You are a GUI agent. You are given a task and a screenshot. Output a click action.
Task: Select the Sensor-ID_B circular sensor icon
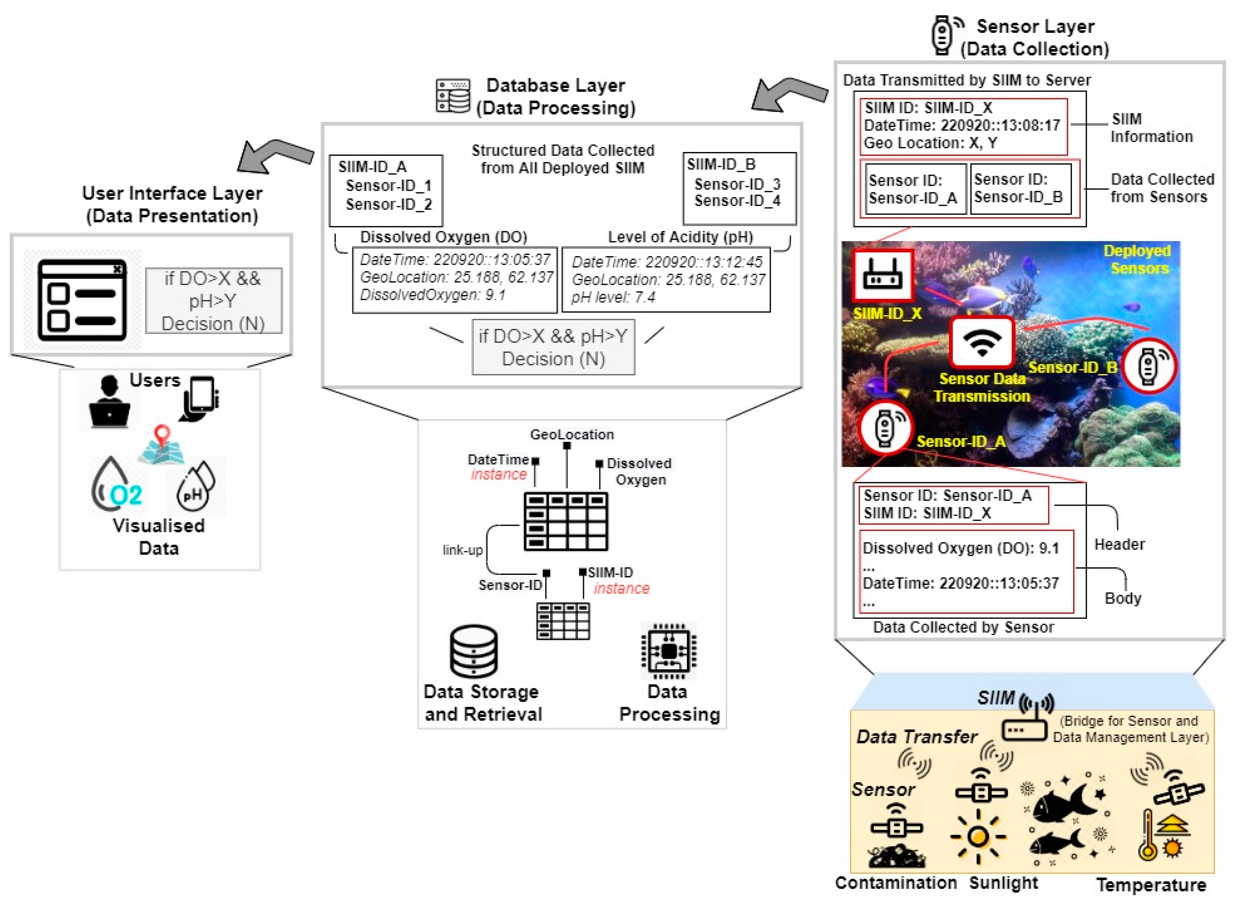coord(1148,365)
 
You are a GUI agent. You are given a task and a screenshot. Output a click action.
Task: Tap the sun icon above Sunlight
coord(978,837)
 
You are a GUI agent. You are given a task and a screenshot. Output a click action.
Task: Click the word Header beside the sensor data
coord(1119,544)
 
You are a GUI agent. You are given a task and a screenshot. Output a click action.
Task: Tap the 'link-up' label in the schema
coord(462,550)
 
